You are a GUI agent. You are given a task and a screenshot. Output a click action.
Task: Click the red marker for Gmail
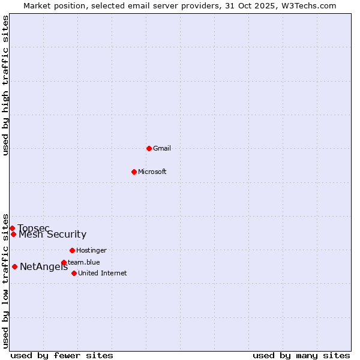(149, 148)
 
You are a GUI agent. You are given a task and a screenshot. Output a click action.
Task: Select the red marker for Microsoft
(134, 172)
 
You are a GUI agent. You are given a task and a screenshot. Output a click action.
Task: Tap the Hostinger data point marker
(72, 250)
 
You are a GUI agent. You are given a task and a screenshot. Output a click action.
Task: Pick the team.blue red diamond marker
(64, 262)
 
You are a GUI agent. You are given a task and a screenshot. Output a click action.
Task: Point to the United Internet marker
(74, 273)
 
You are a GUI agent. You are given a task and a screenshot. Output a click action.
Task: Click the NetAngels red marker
(14, 266)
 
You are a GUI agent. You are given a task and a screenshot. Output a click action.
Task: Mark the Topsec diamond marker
(12, 228)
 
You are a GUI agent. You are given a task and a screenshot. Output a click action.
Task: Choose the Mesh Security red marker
(13, 234)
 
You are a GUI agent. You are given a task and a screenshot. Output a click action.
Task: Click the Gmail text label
(162, 148)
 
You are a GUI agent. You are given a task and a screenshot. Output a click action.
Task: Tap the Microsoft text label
(152, 172)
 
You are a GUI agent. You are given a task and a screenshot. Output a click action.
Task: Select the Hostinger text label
(91, 250)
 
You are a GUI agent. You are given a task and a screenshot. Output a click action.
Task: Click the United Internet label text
(103, 273)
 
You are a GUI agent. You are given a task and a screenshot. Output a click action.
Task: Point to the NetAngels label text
(44, 267)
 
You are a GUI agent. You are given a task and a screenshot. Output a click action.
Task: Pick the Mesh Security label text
(53, 235)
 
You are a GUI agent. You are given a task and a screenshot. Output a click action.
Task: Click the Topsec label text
(29, 228)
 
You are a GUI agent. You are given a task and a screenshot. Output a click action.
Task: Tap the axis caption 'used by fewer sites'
(62, 355)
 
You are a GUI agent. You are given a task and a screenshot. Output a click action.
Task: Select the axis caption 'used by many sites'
(301, 355)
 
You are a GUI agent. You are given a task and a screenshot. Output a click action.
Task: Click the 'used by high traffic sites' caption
(6, 85)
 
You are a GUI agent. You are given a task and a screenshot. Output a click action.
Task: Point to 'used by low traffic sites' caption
(6, 280)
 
